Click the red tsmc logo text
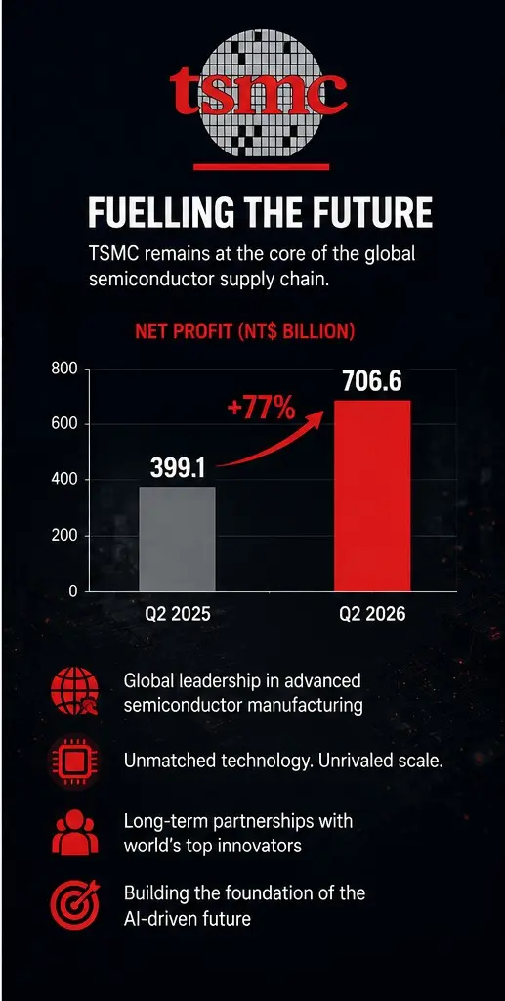point(258,93)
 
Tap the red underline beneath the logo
point(262,167)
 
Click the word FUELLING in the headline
point(167,213)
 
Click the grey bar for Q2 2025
point(177,540)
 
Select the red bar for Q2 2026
point(372,496)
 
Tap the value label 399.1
point(178,469)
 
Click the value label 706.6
point(372,381)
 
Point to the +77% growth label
point(261,409)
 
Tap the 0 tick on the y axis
point(72,591)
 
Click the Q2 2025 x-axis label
point(178,614)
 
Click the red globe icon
point(74,692)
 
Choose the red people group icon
point(74,832)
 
